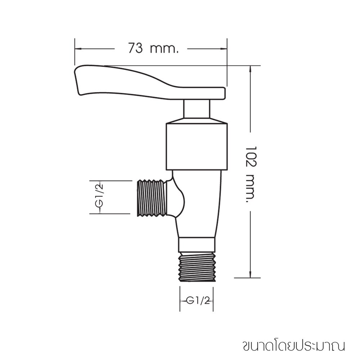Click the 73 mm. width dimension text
click(x=153, y=48)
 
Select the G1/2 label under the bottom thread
click(x=198, y=301)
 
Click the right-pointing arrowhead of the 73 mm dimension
click(x=224, y=49)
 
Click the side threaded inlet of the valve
click(x=151, y=198)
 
